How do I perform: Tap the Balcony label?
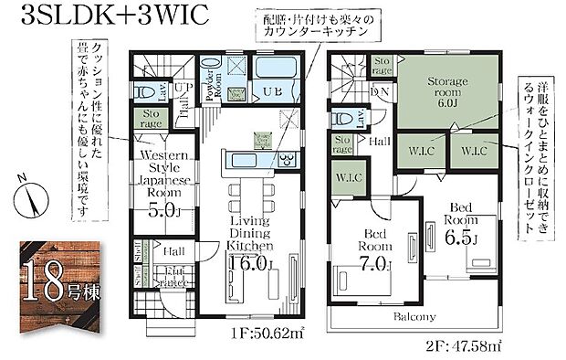coord(414,318)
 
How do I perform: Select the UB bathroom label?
coord(273,91)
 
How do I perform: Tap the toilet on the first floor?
coord(145,91)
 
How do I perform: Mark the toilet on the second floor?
coord(343,118)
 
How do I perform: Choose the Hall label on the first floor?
coord(174,249)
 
